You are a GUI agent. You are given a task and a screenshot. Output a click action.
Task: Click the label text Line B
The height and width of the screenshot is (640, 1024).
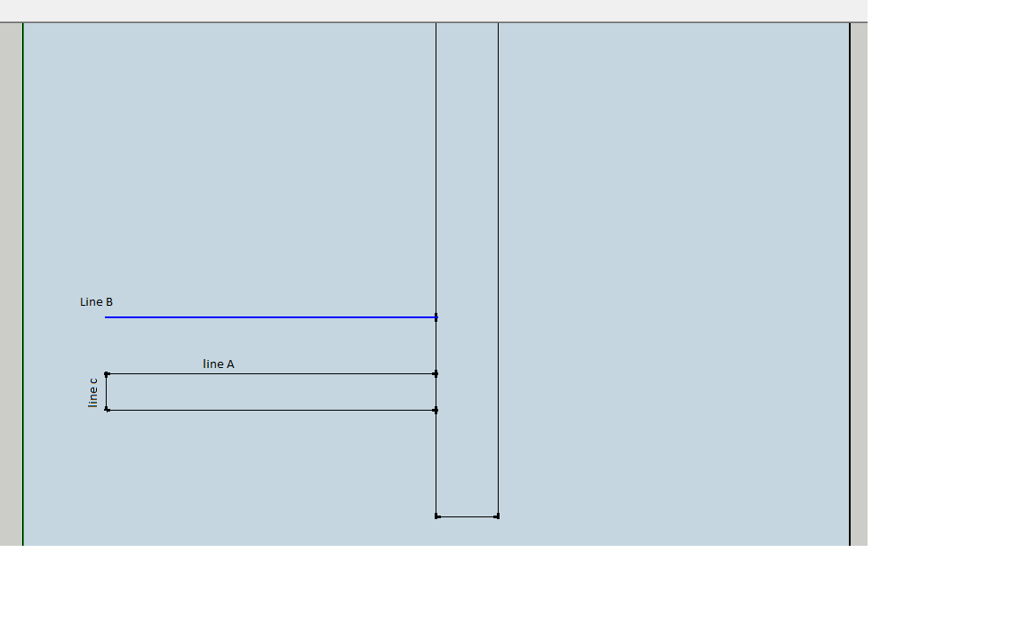[x=96, y=301]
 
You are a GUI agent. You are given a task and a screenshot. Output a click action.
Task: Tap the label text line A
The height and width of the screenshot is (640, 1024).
[x=218, y=364]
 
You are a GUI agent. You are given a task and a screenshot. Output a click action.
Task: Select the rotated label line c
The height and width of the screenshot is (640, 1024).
[x=92, y=393]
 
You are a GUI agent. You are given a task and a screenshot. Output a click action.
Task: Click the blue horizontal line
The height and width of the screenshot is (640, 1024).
[x=270, y=317]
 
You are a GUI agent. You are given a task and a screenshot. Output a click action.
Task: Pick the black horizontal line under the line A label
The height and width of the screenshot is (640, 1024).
[x=271, y=374]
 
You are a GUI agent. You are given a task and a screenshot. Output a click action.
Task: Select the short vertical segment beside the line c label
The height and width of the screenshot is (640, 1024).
[x=107, y=392]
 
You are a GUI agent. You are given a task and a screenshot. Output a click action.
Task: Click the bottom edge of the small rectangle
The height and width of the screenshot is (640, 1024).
[x=271, y=410]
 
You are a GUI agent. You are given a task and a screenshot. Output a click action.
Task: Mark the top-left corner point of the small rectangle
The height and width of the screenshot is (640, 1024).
[x=107, y=374]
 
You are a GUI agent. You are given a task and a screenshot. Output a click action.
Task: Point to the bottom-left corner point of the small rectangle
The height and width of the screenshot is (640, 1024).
[x=107, y=410]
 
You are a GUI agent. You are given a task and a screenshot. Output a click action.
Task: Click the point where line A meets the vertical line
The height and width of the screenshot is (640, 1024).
[x=436, y=374]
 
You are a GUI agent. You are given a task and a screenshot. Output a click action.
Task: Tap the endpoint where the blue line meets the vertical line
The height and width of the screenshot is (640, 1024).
[x=436, y=317]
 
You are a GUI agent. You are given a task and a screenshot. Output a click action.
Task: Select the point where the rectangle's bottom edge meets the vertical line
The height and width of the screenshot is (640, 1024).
[x=436, y=410]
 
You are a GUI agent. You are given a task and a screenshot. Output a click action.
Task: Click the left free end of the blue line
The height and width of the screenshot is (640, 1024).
[x=105, y=317]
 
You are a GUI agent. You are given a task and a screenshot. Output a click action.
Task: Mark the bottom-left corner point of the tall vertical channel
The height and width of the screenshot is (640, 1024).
[x=437, y=516]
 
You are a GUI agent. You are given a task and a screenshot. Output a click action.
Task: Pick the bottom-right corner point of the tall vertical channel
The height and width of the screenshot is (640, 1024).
[x=498, y=516]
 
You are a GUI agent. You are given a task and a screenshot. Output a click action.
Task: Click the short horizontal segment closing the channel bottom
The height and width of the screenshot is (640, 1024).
[x=467, y=516]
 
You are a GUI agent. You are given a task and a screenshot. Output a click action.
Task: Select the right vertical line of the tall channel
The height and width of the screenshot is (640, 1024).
[x=499, y=269]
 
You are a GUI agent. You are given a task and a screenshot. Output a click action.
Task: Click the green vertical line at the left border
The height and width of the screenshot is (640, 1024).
[x=23, y=284]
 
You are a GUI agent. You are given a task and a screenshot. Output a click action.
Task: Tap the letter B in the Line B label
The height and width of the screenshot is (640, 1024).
[x=109, y=301]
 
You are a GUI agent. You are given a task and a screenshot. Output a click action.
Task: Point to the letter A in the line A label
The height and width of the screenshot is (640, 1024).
[x=230, y=364]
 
